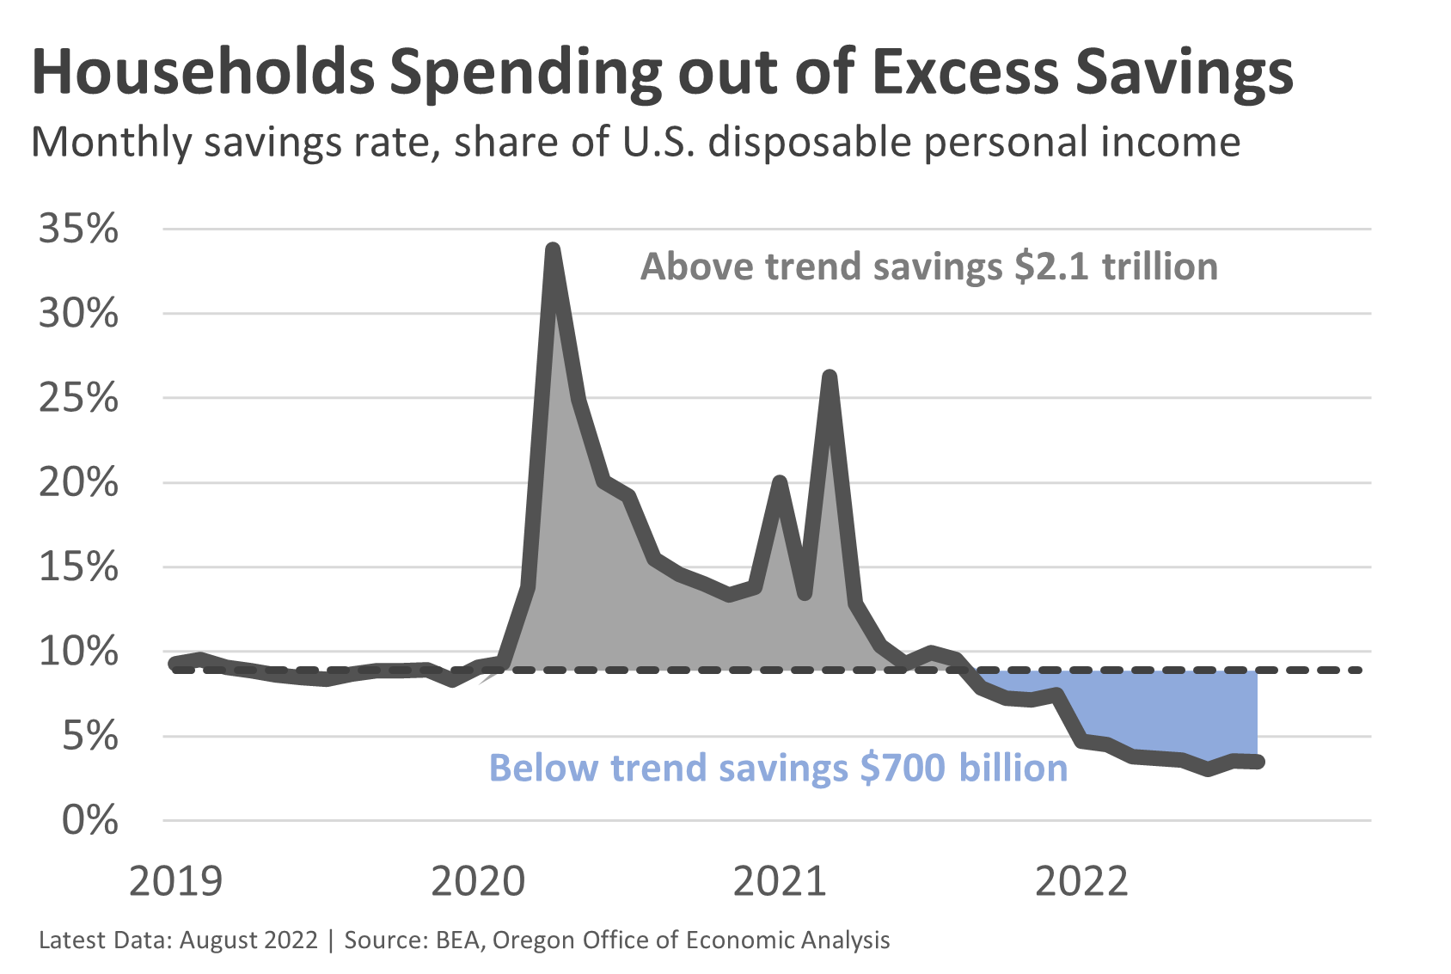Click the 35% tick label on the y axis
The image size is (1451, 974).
(78, 230)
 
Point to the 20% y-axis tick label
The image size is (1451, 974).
(78, 483)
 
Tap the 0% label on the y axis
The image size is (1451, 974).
(89, 821)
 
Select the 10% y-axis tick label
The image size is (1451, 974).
(78, 652)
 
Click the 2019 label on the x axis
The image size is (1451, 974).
(175, 882)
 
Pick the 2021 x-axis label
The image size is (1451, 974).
(780, 882)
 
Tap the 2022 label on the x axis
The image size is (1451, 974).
(1081, 882)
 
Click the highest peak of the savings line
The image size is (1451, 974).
(554, 250)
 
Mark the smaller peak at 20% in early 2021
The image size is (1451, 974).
(780, 482)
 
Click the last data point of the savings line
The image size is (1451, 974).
(1258, 762)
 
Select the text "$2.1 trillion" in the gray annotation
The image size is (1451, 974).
(1116, 266)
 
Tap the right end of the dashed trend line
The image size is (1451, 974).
(1358, 670)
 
